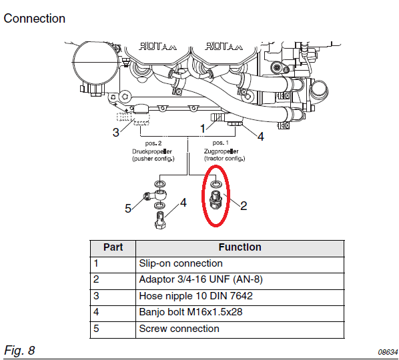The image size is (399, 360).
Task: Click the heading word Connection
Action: pos(34,19)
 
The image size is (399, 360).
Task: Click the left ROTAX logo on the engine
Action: pos(157,46)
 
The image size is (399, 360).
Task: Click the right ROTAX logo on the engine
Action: pos(224,46)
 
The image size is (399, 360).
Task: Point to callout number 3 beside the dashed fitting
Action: pos(116,133)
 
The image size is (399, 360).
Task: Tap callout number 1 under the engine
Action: pos(203,129)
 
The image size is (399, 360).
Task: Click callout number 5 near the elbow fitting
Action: pos(128,209)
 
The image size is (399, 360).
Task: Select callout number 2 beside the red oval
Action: pos(244,206)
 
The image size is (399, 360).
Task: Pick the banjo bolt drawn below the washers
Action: pos(160,220)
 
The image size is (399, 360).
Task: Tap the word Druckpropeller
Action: pos(152,151)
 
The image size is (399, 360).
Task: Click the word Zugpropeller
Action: pos(221,151)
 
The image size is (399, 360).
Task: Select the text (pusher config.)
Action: pos(153,159)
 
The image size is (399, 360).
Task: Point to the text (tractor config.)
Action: pos(224,159)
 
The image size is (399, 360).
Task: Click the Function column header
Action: pos(240,247)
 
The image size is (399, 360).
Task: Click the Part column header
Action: pos(113,247)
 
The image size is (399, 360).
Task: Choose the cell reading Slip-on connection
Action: pos(181,263)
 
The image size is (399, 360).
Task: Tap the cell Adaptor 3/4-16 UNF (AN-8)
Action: pos(201,279)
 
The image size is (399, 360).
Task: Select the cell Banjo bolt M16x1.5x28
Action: pos(191,312)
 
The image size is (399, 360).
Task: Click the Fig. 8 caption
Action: pos(19,351)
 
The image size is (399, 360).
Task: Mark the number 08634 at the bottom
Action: pos(388,352)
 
